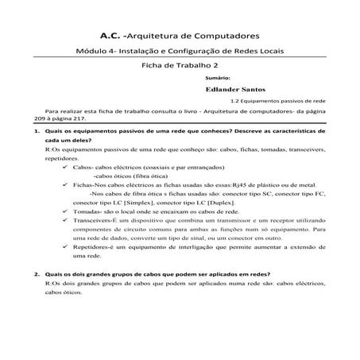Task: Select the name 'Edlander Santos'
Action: coord(234,91)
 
